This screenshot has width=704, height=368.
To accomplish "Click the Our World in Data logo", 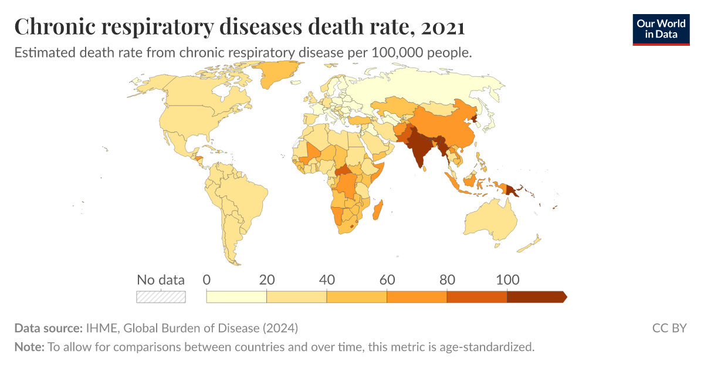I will [x=661, y=29].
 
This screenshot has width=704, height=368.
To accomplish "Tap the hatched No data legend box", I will [x=161, y=296].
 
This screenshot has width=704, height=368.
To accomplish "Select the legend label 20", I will [x=267, y=280].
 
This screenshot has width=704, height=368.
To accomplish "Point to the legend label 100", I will [x=507, y=280].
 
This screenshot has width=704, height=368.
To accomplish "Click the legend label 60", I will [x=387, y=280].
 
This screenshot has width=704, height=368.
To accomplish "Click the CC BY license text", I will [x=669, y=328].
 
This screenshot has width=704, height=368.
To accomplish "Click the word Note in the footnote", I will [x=28, y=347].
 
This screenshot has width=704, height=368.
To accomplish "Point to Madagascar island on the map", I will [x=380, y=210].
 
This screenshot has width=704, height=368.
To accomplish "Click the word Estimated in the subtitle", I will [x=43, y=52].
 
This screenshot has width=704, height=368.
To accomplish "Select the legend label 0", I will [x=207, y=280].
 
